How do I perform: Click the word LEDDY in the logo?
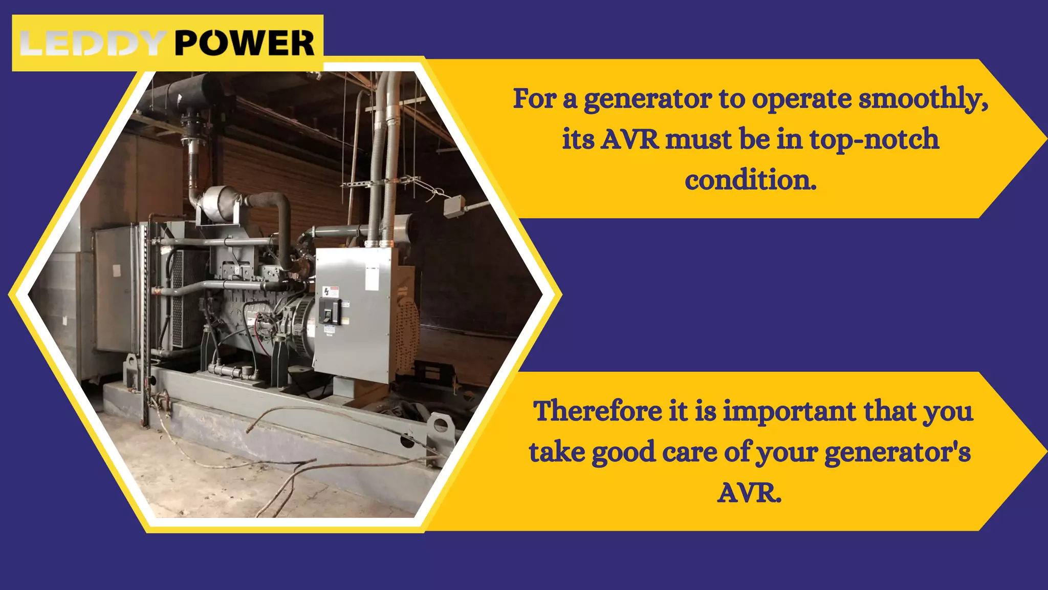click(92, 43)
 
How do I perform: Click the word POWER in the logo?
click(244, 43)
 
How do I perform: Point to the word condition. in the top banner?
click(750, 180)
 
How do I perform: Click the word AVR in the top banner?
click(629, 140)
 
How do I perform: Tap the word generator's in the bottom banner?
click(898, 452)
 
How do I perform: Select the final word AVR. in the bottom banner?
click(749, 493)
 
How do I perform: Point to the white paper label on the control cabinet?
click(372, 278)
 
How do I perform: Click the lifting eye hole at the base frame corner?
click(439, 425)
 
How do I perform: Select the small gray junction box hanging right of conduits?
click(453, 207)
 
